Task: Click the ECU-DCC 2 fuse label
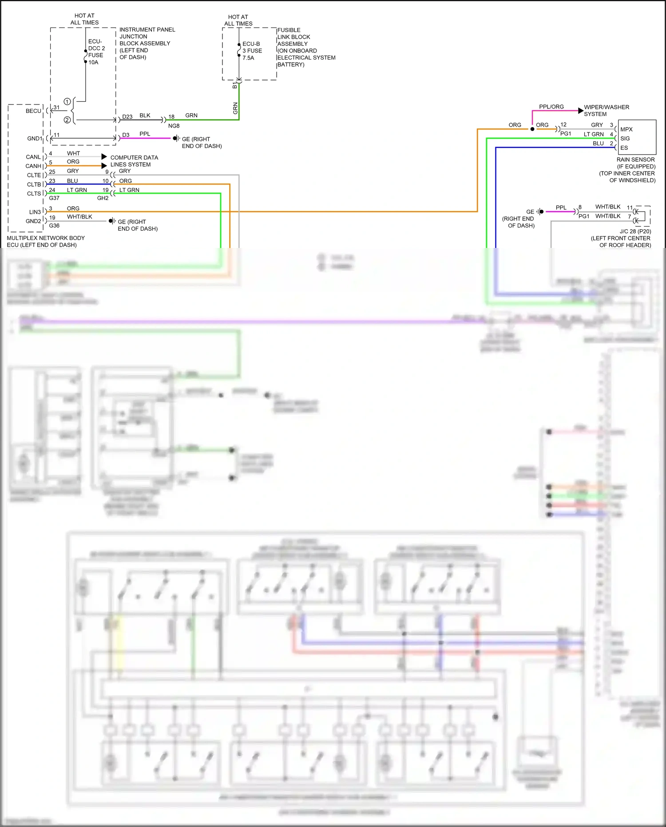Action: pyautogui.click(x=96, y=52)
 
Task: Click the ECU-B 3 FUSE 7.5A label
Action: pyautogui.click(x=252, y=51)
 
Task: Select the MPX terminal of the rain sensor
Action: pyautogui.click(x=626, y=129)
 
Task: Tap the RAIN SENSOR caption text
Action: pyautogui.click(x=635, y=160)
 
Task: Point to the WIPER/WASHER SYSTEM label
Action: pyautogui.click(x=606, y=111)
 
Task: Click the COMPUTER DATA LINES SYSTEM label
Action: pyautogui.click(x=134, y=161)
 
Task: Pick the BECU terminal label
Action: pyautogui.click(x=33, y=111)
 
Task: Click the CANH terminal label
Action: pyautogui.click(x=33, y=166)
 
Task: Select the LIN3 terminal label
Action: pyautogui.click(x=35, y=212)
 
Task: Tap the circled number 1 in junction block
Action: pyautogui.click(x=67, y=101)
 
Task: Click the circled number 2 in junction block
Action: pyautogui.click(x=67, y=120)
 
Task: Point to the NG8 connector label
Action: pyautogui.click(x=174, y=126)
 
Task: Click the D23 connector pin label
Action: pyautogui.click(x=127, y=117)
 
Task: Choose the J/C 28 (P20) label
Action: pyautogui.click(x=635, y=232)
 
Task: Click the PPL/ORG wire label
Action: pyautogui.click(x=551, y=107)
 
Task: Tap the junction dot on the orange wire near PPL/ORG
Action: pyautogui.click(x=532, y=129)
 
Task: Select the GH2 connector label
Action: pyautogui.click(x=103, y=198)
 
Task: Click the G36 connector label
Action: pyautogui.click(x=54, y=226)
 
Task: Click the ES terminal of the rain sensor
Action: pyautogui.click(x=624, y=148)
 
